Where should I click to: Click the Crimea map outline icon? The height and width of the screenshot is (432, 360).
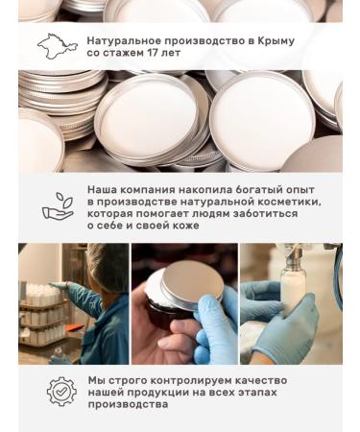coord(57,45)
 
